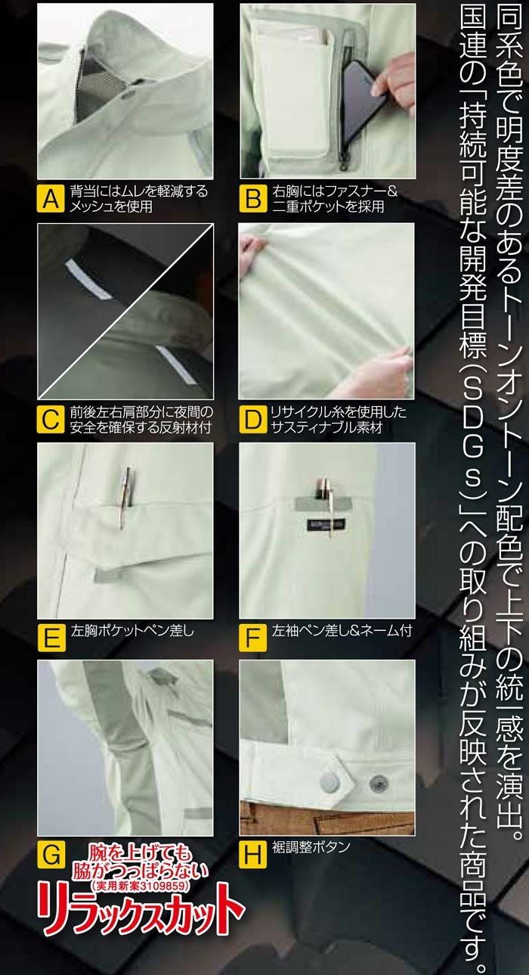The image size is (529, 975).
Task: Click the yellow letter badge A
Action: (x=50, y=200)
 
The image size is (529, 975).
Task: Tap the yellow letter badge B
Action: (x=252, y=200)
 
